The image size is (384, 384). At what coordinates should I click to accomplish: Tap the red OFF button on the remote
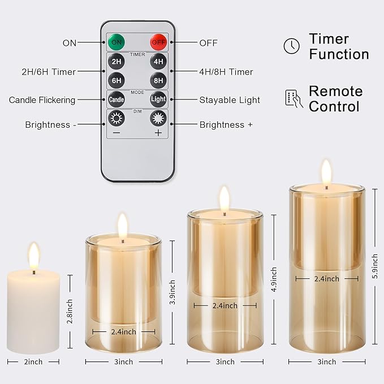(158, 42)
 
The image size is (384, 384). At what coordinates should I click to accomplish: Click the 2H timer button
(116, 62)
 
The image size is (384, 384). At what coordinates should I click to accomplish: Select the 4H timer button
(158, 62)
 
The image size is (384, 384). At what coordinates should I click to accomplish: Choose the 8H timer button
(158, 80)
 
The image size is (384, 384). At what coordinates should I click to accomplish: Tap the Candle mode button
(116, 100)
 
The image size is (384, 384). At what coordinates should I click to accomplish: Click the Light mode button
(158, 100)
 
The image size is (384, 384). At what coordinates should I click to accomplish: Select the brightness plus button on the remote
(158, 119)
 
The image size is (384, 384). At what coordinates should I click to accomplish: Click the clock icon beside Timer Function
(291, 46)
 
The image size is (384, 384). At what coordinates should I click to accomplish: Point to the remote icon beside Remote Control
(293, 98)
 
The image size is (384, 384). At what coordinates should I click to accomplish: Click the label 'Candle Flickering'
(42, 100)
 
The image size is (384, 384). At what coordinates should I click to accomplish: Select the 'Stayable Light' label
(230, 100)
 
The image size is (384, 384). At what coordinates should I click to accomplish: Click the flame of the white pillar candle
(33, 256)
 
